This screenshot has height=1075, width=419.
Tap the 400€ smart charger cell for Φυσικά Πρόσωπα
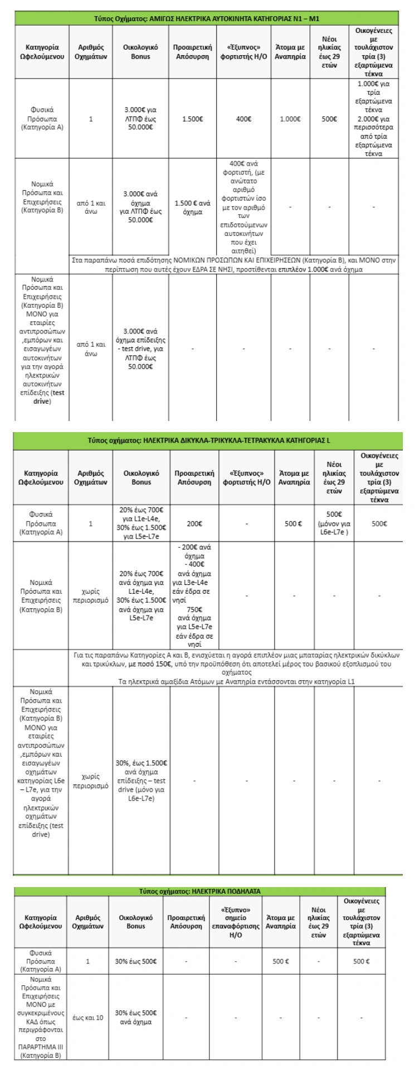(x=243, y=119)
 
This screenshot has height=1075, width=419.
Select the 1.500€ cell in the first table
(x=192, y=119)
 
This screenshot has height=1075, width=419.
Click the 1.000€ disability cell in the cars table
(x=290, y=119)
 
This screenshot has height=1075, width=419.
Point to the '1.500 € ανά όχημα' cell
(x=192, y=207)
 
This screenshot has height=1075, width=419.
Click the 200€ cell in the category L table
(x=192, y=524)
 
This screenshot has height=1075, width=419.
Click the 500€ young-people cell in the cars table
(x=329, y=119)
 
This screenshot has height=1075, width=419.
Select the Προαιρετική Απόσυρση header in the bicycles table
(x=186, y=922)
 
